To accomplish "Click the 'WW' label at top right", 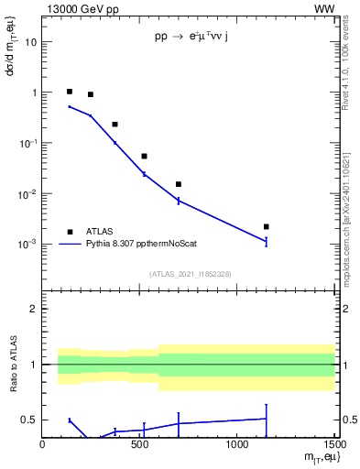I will click(x=324, y=9).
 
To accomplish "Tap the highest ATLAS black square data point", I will click(x=70, y=92).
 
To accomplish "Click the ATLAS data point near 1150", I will click(x=266, y=226).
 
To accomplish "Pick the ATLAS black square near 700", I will click(x=179, y=184).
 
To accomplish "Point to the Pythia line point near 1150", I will click(x=266, y=242).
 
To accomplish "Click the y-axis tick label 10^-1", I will click(x=27, y=143).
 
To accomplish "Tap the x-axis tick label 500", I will click(x=140, y=444).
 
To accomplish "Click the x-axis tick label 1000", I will click(x=237, y=444).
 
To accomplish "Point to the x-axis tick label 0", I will click(x=43, y=444).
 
